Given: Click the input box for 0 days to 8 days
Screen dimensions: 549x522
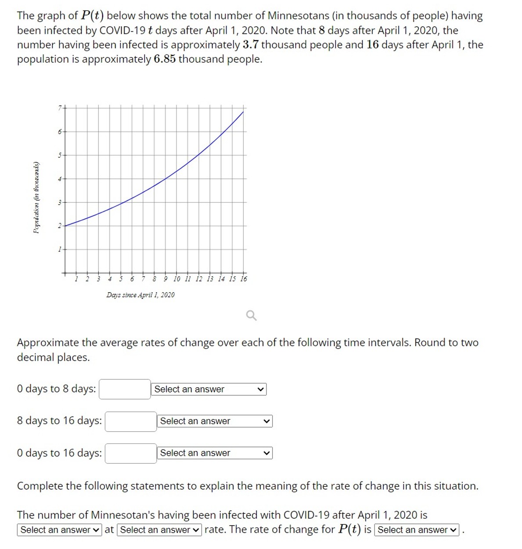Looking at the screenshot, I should pyautogui.click(x=125, y=389).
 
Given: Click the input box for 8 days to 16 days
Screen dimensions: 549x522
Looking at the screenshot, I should pyautogui.click(x=131, y=422).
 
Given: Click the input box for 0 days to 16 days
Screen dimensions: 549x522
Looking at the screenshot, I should pyautogui.click(x=131, y=454).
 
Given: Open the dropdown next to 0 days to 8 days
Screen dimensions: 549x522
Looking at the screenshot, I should pyautogui.click(x=209, y=389).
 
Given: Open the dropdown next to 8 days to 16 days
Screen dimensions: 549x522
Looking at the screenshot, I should pyautogui.click(x=215, y=421).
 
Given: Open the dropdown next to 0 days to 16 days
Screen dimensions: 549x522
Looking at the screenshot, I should pyautogui.click(x=215, y=453).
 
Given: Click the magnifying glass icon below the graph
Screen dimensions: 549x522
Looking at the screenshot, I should pyautogui.click(x=251, y=315).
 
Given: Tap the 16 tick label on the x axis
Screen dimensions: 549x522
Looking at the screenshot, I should pyautogui.click(x=244, y=279).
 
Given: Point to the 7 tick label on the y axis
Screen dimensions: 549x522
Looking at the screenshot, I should pyautogui.click(x=60, y=107).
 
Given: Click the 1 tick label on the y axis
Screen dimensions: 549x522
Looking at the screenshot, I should pyautogui.click(x=60, y=249).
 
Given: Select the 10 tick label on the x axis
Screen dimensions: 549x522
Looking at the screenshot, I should pyautogui.click(x=176, y=279).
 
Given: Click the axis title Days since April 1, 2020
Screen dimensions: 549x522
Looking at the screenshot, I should pyautogui.click(x=140, y=295).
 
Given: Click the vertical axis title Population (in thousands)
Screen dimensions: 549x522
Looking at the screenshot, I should pyautogui.click(x=37, y=198).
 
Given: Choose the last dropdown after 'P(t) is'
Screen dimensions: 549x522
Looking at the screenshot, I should pyautogui.click(x=417, y=530).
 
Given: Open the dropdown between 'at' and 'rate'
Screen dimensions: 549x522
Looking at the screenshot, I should pyautogui.click(x=159, y=530).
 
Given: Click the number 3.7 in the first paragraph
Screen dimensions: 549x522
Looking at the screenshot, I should pyautogui.click(x=250, y=45).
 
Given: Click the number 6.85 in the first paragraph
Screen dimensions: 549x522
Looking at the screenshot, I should pyautogui.click(x=165, y=59).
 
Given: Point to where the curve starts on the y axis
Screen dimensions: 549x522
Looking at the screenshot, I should pyautogui.click(x=65, y=225).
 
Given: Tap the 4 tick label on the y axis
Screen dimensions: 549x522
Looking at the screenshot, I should pyautogui.click(x=60, y=178).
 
